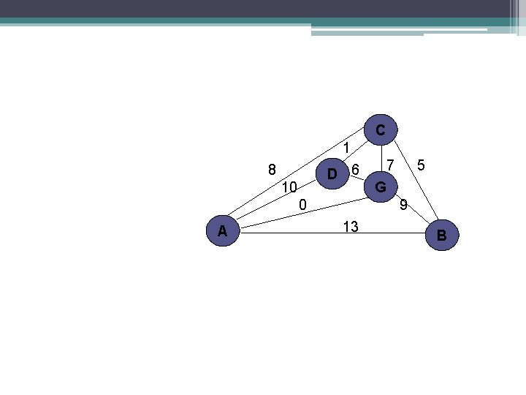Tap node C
381,129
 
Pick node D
332,175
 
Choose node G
381,187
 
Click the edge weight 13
350,227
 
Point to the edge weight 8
272,170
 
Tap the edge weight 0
302,203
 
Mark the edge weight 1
347,148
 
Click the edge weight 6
355,170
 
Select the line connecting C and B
413,178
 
